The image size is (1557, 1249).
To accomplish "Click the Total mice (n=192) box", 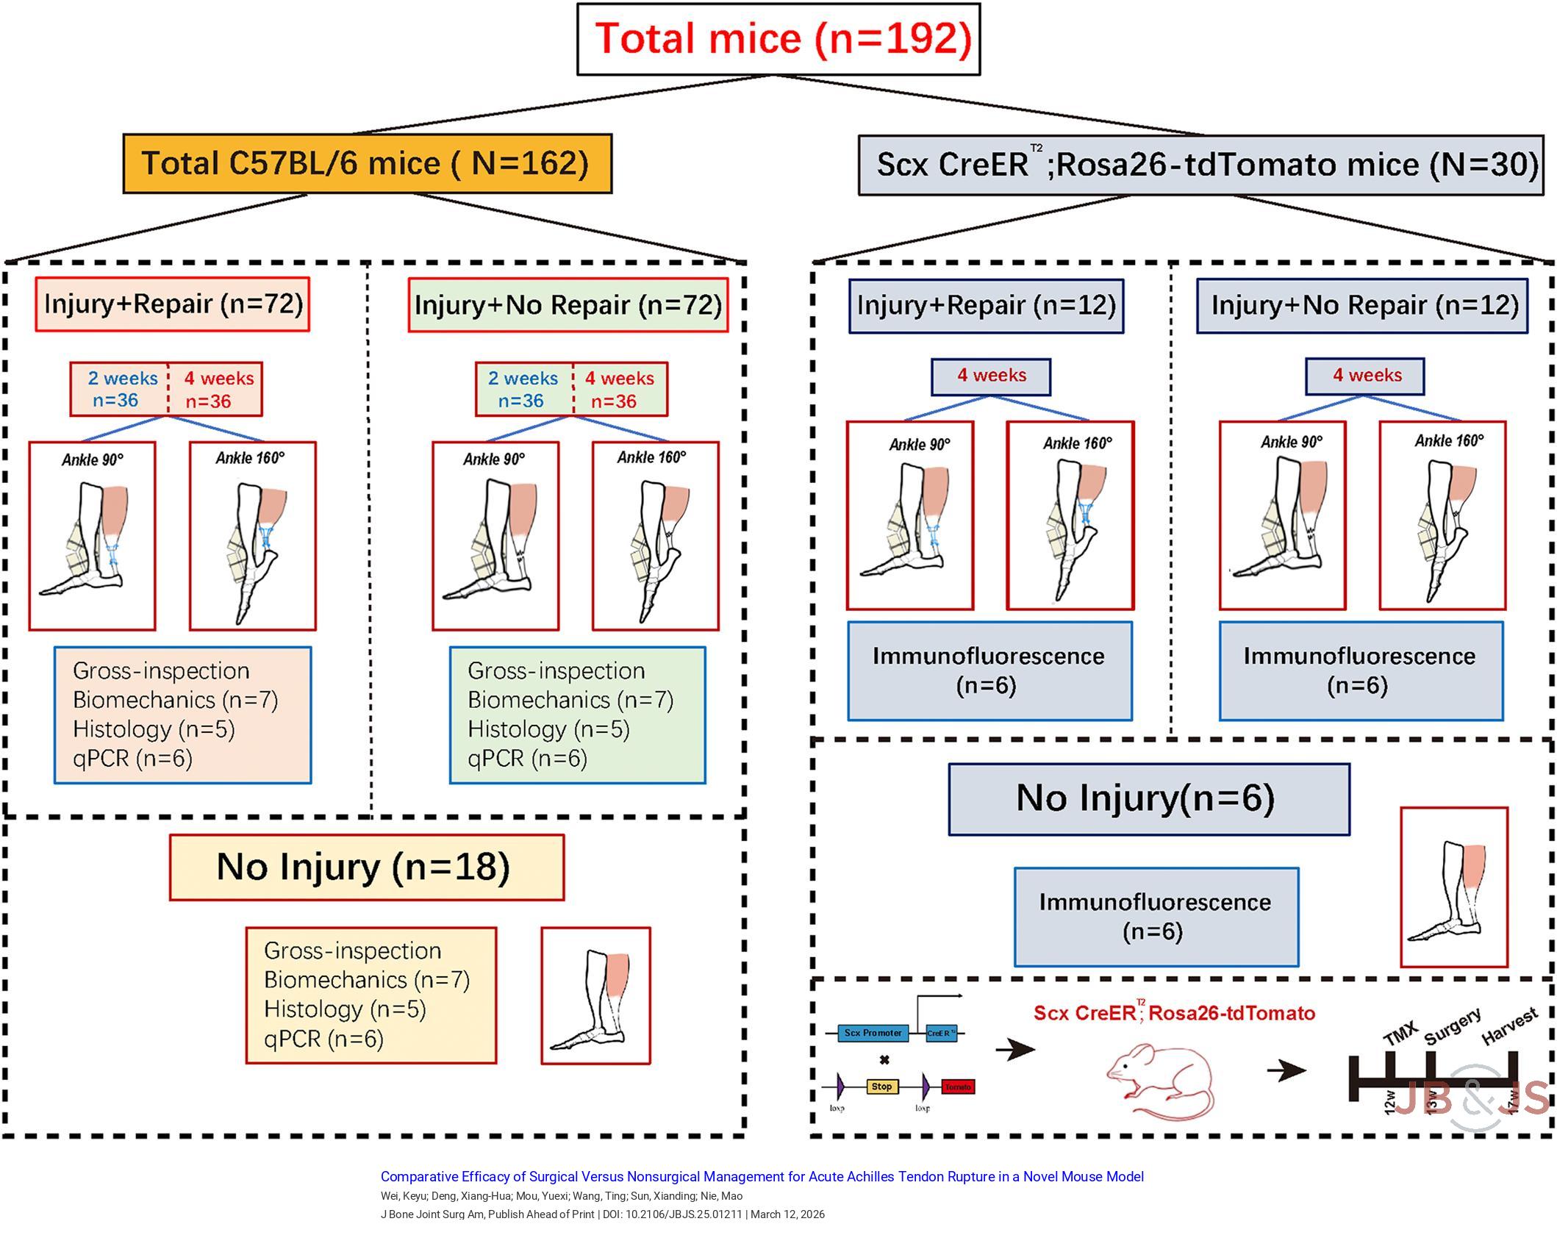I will coord(778,39).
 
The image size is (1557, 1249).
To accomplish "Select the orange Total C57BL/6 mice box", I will coord(367,163).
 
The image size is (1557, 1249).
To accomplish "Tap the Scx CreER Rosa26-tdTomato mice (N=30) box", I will coord(1200,165).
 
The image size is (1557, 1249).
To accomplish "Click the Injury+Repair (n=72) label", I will coord(173,304).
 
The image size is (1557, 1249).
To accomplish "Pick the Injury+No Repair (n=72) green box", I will coord(568,305).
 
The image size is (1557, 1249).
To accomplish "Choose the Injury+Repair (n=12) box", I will coord(986,306).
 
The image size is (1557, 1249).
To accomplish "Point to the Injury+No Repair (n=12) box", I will coord(1361,306).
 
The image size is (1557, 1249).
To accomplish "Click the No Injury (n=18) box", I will coord(366,867).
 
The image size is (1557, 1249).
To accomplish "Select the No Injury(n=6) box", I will coord(1148,799).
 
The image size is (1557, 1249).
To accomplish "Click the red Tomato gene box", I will coord(957,1087).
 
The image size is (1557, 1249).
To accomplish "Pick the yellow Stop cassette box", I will coord(881,1087).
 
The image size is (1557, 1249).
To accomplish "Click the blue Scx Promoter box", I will coord(873,1033).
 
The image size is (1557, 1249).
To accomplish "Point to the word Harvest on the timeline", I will coord(1509,1027).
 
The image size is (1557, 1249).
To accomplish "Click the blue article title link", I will coord(762,1177).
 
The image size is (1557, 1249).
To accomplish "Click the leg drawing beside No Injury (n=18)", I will coord(595,995).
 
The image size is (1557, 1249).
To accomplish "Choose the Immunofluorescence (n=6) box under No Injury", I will coord(1156,917).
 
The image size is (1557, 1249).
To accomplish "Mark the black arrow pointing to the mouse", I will coord(1014,1049).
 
